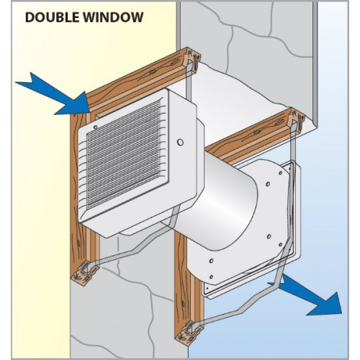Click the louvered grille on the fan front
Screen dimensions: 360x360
124,153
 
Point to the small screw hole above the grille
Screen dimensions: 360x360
95,127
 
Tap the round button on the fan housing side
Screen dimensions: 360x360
180,142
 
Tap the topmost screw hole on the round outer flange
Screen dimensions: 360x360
281,173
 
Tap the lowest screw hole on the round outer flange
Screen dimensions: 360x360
211,277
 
